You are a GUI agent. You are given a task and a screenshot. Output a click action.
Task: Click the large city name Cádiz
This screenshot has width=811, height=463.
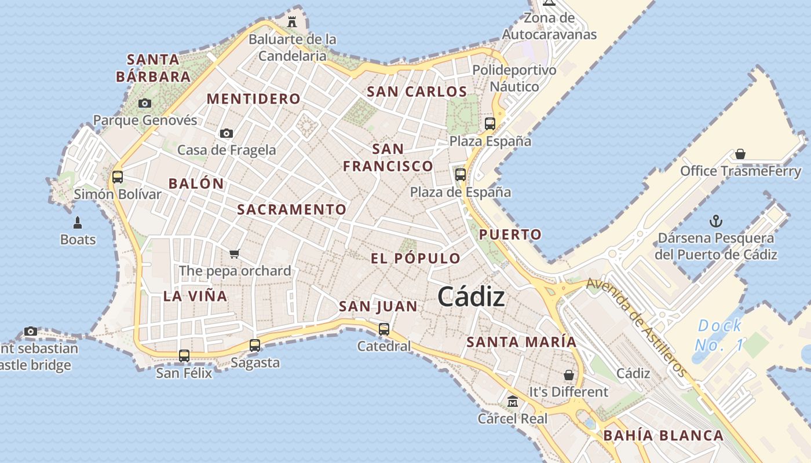471,297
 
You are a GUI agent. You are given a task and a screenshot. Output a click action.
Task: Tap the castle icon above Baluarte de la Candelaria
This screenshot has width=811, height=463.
292,22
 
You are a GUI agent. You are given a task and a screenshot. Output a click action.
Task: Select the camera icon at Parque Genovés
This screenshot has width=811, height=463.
145,104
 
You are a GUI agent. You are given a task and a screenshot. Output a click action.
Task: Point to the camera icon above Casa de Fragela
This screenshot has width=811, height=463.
227,133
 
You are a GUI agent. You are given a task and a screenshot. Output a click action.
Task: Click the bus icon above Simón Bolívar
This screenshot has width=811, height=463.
118,177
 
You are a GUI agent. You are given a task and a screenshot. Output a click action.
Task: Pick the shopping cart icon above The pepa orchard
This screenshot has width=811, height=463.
234,253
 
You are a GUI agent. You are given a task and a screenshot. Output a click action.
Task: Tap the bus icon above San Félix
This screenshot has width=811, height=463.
184,356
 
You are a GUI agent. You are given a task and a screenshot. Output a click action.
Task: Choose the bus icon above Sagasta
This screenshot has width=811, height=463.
255,346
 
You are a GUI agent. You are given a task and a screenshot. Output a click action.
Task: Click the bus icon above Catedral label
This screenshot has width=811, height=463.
383,329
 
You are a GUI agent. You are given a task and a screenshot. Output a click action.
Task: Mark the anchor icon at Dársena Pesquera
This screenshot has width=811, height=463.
716,221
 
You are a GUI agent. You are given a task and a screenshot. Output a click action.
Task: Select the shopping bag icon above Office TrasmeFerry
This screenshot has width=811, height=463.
740,154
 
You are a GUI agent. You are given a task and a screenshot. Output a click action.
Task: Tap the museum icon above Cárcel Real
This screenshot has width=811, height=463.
513,401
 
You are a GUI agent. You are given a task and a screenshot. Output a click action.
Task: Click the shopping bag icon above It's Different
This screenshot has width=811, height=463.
568,375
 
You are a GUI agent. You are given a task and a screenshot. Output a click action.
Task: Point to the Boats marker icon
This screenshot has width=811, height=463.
78,222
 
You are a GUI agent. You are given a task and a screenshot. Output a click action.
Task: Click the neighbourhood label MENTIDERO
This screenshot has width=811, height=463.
254,99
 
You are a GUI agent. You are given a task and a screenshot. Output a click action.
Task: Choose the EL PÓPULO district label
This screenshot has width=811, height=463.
415,259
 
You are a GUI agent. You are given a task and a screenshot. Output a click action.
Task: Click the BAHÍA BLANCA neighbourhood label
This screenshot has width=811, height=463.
663,436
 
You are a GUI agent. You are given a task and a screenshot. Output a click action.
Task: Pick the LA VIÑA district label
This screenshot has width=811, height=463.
195,296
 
